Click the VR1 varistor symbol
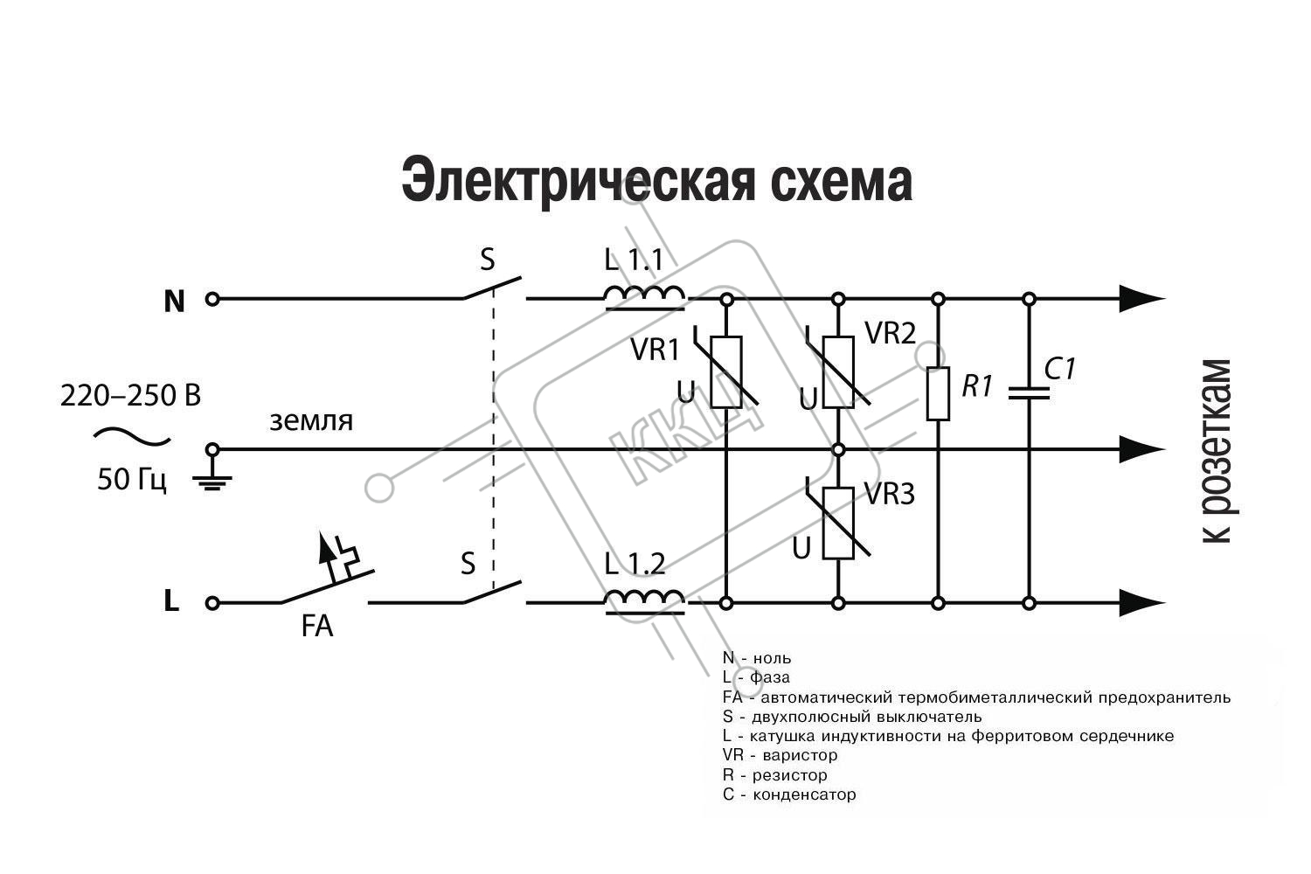pyautogui.click(x=726, y=371)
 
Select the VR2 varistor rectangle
pyautogui.click(x=839, y=371)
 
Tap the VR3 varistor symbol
pyautogui.click(x=838, y=523)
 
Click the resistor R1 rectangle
pyautogui.click(x=938, y=394)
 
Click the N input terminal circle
pyautogui.click(x=212, y=299)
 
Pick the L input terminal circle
pyautogui.click(x=212, y=603)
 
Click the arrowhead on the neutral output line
pyautogui.click(x=1141, y=299)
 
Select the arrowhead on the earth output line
pyautogui.click(x=1141, y=449)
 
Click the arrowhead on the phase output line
pyautogui.click(x=1141, y=602)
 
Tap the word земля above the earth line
pyautogui.click(x=311, y=421)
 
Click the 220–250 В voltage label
pyautogui.click(x=130, y=396)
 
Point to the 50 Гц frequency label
pyautogui.click(x=132, y=480)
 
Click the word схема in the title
pyautogui.click(x=842, y=180)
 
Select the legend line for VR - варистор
pyautogui.click(x=780, y=755)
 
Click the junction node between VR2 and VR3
pyautogui.click(x=839, y=449)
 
